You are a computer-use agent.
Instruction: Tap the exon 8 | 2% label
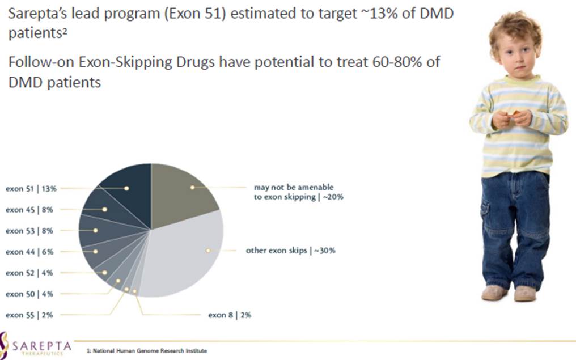230,315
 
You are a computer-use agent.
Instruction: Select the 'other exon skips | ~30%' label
290,250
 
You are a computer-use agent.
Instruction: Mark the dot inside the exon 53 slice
96,231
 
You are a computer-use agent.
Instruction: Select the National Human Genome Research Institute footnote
147,351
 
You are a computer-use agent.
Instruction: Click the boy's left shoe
525,293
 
